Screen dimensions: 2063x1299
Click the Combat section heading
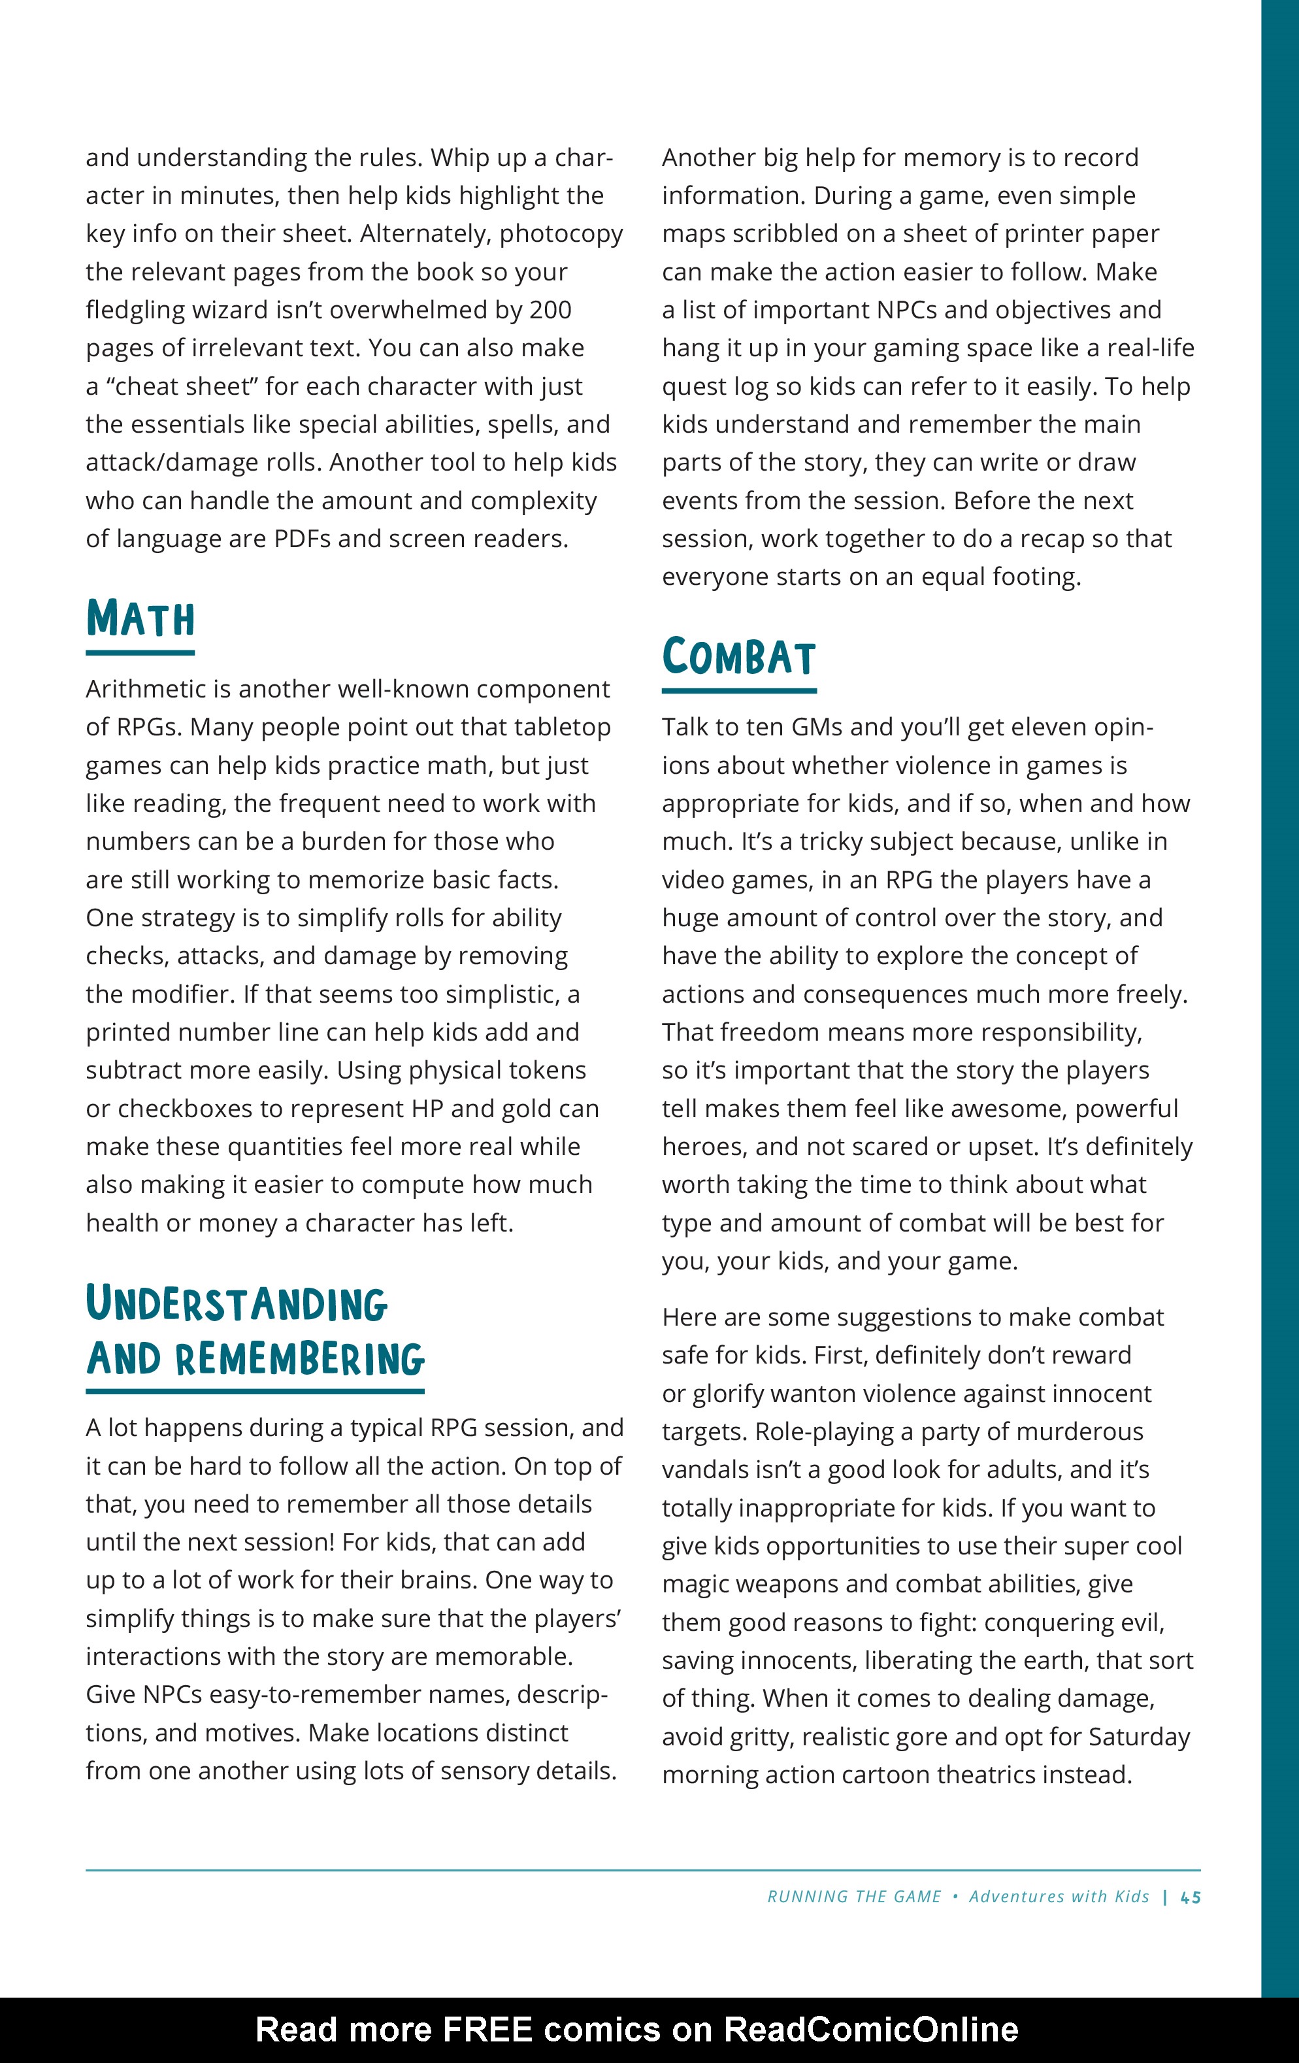pos(738,658)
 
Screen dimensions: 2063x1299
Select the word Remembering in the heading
pos(300,1360)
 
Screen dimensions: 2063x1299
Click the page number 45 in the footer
pos(1191,1897)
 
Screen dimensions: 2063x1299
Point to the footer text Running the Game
pos(854,1897)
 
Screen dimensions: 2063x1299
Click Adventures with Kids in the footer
pos(1059,1897)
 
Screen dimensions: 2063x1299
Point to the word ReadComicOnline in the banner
pos(871,2030)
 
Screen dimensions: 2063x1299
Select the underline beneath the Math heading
pos(140,653)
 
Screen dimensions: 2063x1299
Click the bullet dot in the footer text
pos(955,1897)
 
